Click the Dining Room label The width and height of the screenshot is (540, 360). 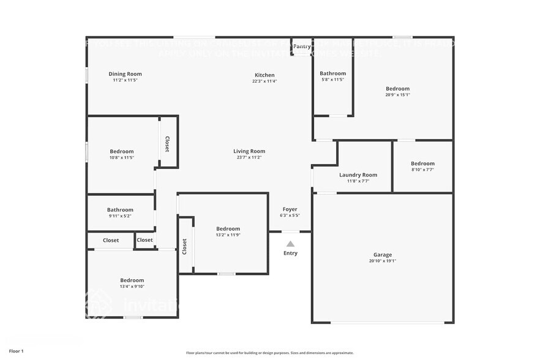pos(125,74)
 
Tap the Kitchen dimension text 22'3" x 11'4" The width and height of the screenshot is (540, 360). pos(264,81)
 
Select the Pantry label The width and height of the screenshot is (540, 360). pos(301,47)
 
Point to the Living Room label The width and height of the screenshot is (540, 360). pos(249,151)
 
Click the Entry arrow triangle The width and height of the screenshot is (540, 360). pos(290,244)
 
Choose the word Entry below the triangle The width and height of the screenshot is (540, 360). pos(290,253)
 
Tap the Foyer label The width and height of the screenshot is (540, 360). pos(290,209)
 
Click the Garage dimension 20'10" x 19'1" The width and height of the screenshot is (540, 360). pos(383,261)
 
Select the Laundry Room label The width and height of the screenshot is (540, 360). pos(358,175)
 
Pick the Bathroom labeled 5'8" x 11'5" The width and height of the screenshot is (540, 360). pos(333,73)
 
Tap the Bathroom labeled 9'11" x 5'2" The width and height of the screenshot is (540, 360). pos(120,210)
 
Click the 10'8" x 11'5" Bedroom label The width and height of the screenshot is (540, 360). pos(122,151)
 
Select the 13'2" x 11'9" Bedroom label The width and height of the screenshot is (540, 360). pos(228,229)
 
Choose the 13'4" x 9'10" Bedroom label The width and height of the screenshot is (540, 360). pos(132,280)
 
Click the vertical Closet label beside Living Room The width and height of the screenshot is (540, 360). pos(167,144)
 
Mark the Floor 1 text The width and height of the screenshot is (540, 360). pos(16,351)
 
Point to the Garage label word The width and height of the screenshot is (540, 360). pos(383,255)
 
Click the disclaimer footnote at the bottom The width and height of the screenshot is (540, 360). pos(269,353)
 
